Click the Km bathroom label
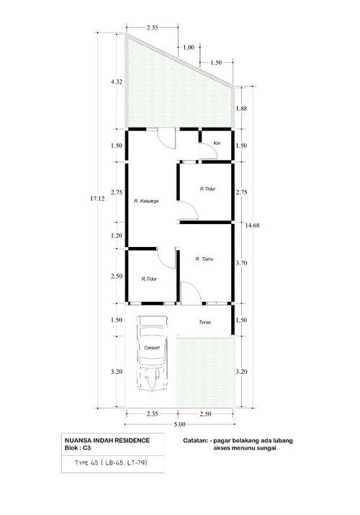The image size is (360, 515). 217,143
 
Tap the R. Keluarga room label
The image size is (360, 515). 146,201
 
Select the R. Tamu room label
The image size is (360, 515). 204,259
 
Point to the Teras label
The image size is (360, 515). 204,322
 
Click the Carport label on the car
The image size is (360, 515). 152,347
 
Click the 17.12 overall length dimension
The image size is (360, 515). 97,198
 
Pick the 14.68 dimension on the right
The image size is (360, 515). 253,225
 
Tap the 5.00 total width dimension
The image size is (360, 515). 179,424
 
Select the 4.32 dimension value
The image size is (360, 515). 117,82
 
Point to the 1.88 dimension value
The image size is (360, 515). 241,108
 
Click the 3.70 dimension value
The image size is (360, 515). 241,263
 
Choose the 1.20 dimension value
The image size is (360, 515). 117,236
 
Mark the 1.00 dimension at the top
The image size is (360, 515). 189,48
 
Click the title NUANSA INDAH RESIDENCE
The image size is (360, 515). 107,440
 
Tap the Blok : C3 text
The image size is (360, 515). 78,448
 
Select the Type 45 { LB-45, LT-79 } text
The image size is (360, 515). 112,462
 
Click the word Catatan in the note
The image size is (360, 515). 195,440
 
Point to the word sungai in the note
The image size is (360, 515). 266,448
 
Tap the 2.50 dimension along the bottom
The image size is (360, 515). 205,414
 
